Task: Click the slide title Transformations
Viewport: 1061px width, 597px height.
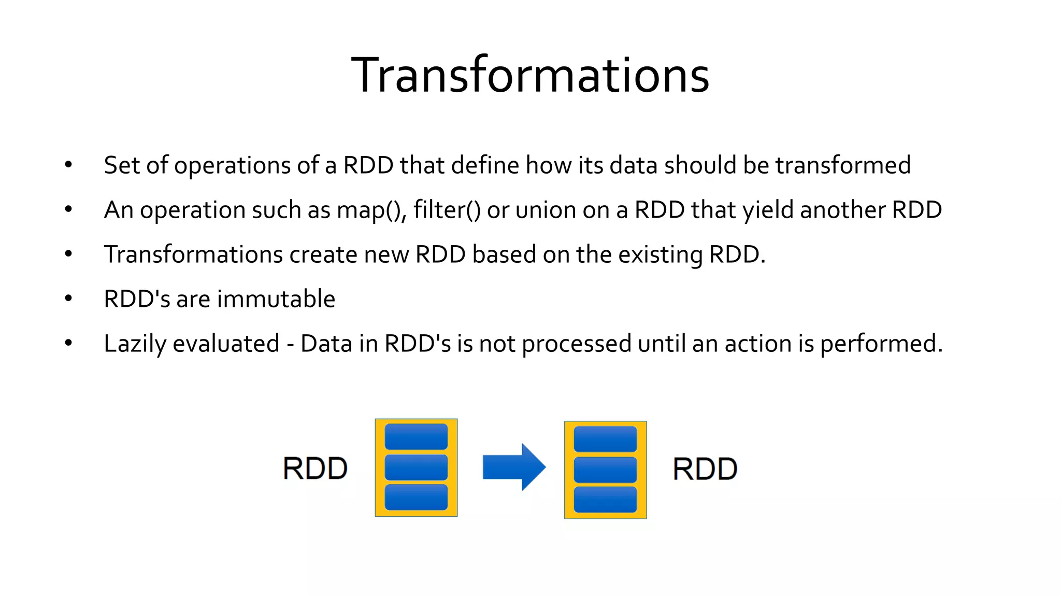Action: coord(530,76)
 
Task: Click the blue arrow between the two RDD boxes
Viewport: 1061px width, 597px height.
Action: coord(513,467)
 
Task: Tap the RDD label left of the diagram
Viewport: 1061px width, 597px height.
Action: coord(315,468)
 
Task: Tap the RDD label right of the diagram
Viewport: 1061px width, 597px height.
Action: coord(705,469)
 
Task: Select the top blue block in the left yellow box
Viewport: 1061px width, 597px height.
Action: coord(416,437)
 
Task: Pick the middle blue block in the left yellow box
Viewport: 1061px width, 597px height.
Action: coord(416,467)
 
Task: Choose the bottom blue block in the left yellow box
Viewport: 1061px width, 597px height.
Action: coord(416,497)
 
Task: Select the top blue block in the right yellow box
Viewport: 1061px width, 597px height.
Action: coord(605,439)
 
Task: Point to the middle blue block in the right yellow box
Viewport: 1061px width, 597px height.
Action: coord(605,470)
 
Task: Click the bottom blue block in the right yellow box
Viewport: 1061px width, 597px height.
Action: coord(605,500)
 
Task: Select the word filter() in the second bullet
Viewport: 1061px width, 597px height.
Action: coord(447,210)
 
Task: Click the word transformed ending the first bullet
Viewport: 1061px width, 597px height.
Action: coord(843,166)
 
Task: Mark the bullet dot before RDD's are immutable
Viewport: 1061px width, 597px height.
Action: coord(68,298)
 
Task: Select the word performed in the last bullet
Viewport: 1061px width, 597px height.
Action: coord(881,344)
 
